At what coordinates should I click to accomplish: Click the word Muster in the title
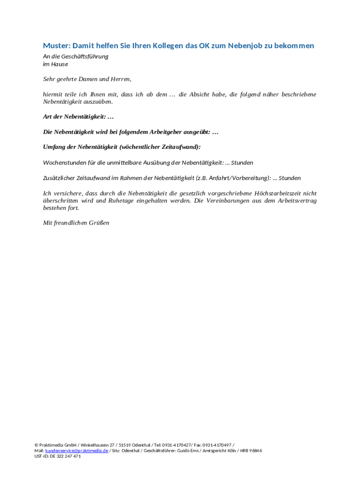point(56,45)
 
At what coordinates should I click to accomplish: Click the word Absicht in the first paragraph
point(202,94)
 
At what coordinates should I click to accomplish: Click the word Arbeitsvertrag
point(297,201)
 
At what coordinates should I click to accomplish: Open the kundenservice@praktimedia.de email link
point(77,450)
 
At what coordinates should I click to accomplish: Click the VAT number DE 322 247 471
point(65,456)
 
